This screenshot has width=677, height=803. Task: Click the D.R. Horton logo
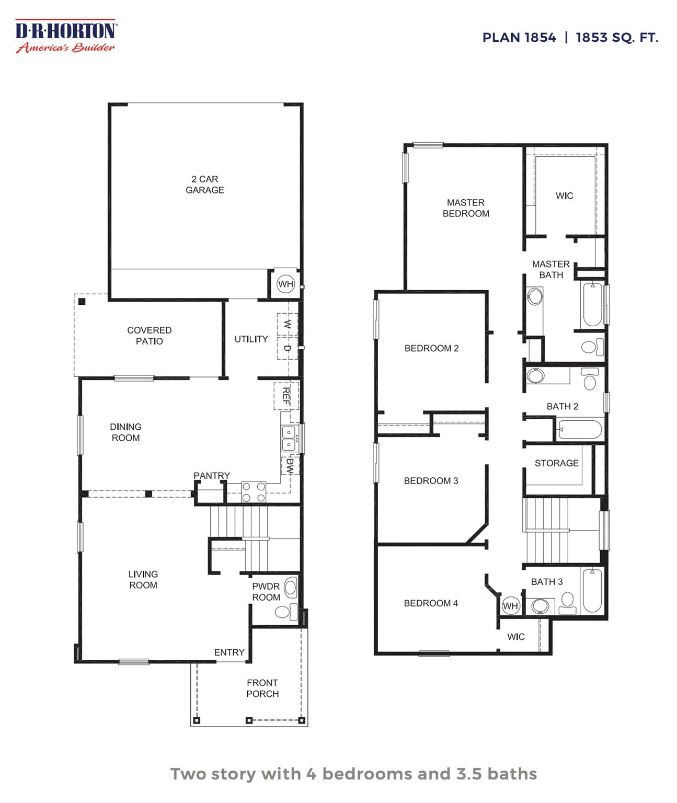(x=66, y=36)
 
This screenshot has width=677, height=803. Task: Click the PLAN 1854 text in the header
(x=519, y=38)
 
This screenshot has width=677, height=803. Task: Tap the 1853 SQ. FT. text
(x=616, y=38)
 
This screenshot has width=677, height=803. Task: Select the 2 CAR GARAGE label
(x=204, y=185)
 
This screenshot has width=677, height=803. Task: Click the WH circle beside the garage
(x=285, y=284)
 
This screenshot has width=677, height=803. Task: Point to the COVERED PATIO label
(x=149, y=336)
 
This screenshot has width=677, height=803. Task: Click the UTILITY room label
(x=251, y=339)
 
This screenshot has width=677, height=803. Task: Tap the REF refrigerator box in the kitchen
(x=285, y=396)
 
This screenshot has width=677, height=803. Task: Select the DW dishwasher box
(x=290, y=466)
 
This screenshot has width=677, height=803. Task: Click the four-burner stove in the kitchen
(x=254, y=492)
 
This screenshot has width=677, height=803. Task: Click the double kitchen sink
(x=289, y=438)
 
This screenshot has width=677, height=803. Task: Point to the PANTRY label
(x=212, y=476)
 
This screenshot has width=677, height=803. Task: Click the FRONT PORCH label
(x=262, y=689)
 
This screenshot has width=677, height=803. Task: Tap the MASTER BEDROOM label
(x=466, y=208)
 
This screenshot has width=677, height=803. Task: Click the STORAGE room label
(x=556, y=463)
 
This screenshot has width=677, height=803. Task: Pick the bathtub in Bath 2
(x=580, y=430)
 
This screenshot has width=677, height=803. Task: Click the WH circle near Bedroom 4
(x=510, y=606)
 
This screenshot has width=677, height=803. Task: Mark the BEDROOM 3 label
(x=431, y=481)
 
